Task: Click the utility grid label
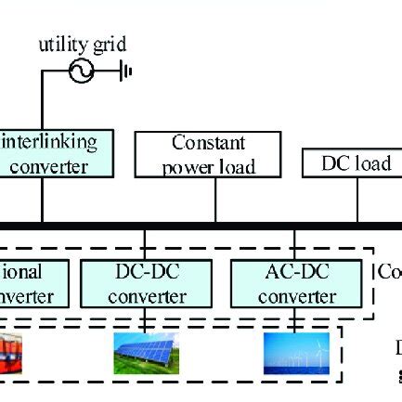click(x=82, y=44)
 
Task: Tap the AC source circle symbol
click(x=82, y=71)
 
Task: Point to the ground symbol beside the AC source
click(x=125, y=71)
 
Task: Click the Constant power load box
click(x=208, y=154)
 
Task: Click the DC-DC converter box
click(x=147, y=284)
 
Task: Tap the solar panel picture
click(x=147, y=354)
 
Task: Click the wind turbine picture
click(x=296, y=354)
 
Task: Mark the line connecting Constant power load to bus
click(x=215, y=200)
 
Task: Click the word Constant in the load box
click(x=208, y=144)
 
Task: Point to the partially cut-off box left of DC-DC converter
click(x=32, y=284)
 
